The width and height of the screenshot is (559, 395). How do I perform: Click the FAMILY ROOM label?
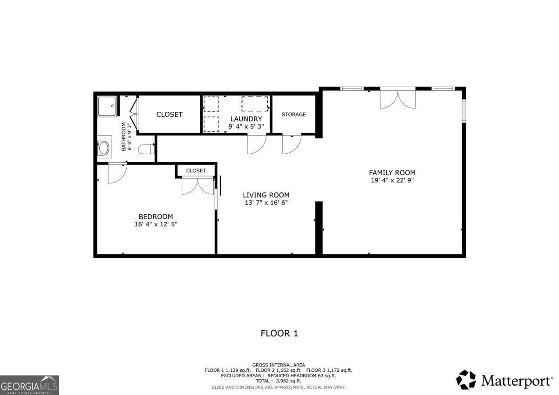click(392, 172)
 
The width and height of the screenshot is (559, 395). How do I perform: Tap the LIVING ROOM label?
click(266, 195)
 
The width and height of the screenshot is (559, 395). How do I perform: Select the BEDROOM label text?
click(156, 217)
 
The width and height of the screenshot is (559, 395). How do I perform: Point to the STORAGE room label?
click(293, 114)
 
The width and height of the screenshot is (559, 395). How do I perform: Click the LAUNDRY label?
click(246, 119)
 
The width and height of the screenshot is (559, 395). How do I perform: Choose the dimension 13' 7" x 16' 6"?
click(266, 203)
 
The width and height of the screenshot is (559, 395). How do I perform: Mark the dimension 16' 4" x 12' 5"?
click(156, 224)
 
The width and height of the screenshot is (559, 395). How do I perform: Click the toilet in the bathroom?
click(147, 149)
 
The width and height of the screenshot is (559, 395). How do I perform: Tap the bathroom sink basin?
click(103, 148)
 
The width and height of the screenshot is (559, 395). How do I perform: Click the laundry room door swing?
click(256, 143)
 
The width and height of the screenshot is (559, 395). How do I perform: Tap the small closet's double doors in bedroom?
click(198, 186)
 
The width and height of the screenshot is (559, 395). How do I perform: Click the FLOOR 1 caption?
click(279, 333)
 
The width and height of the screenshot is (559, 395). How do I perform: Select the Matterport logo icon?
click(466, 380)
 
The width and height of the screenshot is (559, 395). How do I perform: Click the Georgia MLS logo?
click(29, 385)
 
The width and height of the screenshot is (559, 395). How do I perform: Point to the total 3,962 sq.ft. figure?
click(279, 381)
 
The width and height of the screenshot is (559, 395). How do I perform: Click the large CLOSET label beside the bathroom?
click(169, 114)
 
